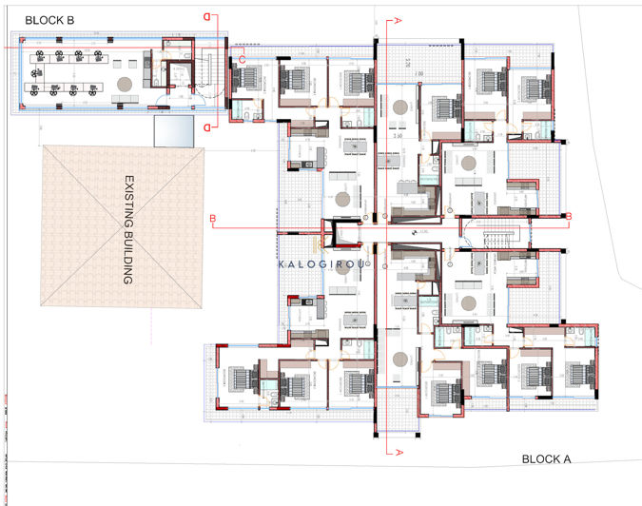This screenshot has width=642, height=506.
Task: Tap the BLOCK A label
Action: pyautogui.click(x=546, y=459)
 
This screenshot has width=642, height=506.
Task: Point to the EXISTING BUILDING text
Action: pyautogui.click(x=126, y=229)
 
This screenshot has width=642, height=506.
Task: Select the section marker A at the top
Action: pyautogui.click(x=398, y=19)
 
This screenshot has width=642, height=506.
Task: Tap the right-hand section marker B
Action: pyautogui.click(x=568, y=217)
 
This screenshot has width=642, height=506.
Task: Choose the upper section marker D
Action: pyautogui.click(x=207, y=16)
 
